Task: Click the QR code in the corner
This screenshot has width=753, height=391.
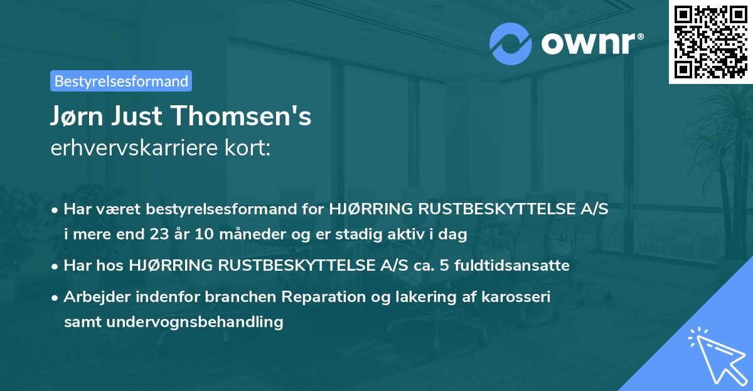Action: [x=710, y=41]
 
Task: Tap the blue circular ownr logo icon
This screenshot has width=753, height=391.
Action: [x=510, y=44]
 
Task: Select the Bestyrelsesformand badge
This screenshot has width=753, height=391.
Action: [x=121, y=81]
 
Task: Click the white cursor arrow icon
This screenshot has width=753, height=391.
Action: [x=715, y=354]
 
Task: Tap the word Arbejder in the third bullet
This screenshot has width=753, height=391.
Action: [x=93, y=297]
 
